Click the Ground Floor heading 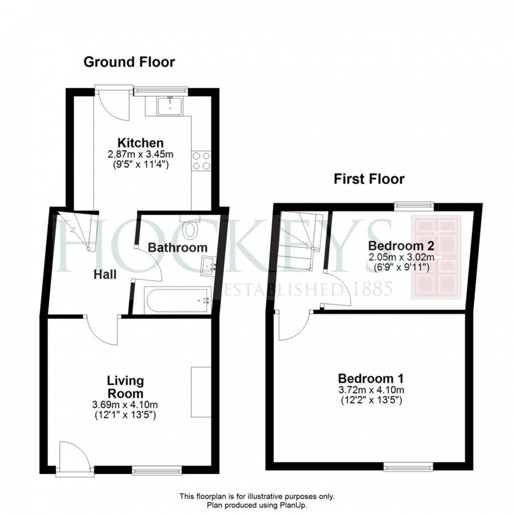click(129, 62)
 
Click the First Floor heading click(369, 179)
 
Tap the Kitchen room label click(140, 143)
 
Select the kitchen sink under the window click(170, 105)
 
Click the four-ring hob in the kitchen click(201, 160)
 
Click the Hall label click(105, 274)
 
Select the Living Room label click(125, 387)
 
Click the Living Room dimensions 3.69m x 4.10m click(125, 404)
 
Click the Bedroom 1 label click(371, 378)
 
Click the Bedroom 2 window click(414, 207)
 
